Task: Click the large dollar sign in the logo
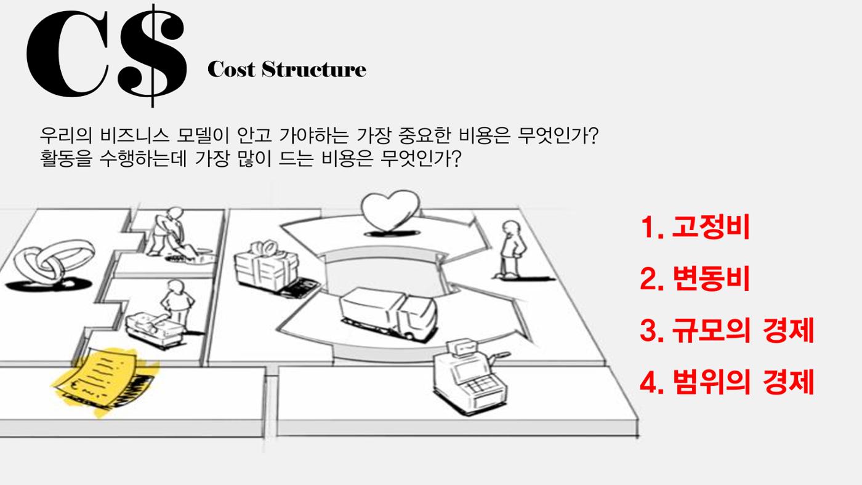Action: [153, 56]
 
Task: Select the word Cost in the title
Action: [231, 70]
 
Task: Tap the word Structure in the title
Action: [313, 70]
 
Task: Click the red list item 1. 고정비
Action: [695, 227]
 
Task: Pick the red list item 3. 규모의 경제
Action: [727, 330]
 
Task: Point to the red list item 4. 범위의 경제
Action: [727, 382]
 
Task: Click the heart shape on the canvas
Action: [390, 212]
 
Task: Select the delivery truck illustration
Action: [389, 313]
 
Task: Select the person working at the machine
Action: [166, 313]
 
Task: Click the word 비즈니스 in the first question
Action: [134, 135]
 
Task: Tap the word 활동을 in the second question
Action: [66, 158]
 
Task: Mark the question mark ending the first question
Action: [593, 135]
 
